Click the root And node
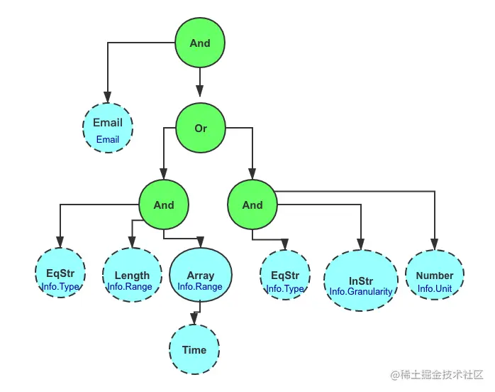click(x=200, y=43)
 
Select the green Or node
click(x=201, y=129)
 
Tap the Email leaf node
click(x=108, y=129)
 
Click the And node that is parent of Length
click(x=164, y=205)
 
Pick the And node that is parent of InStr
click(x=252, y=205)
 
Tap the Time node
click(x=194, y=350)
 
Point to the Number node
click(x=435, y=276)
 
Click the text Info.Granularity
click(x=360, y=291)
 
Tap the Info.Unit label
click(x=435, y=288)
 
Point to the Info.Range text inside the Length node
click(x=130, y=287)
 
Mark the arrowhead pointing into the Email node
click(x=108, y=97)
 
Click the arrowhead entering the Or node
click(x=201, y=90)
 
